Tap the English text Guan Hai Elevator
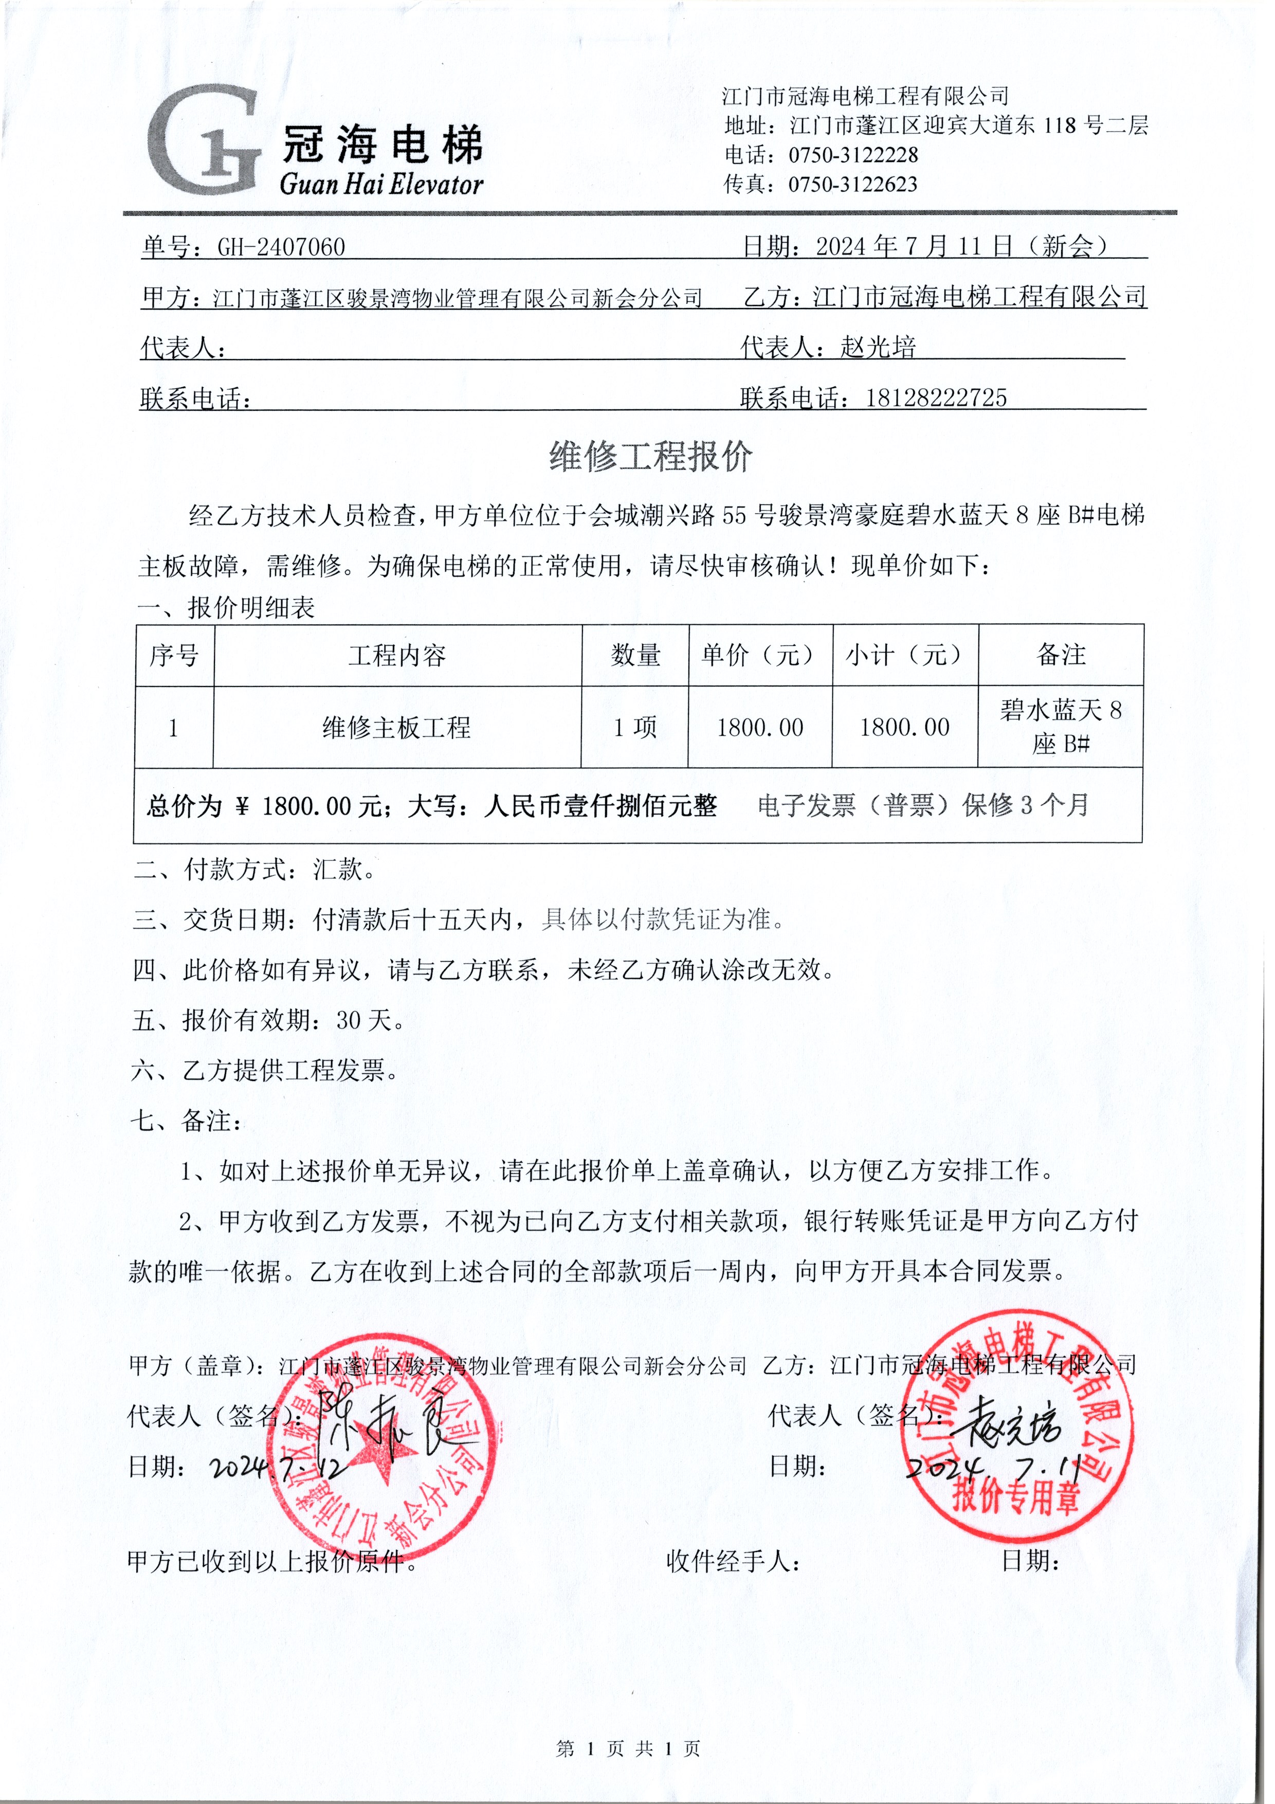pyautogui.click(x=381, y=185)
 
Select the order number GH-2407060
pyautogui.click(x=281, y=247)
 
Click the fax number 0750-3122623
pyautogui.click(x=852, y=185)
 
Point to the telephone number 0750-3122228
pyautogui.click(x=852, y=155)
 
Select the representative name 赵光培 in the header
pyautogui.click(x=878, y=347)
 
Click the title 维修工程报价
pyautogui.click(x=650, y=457)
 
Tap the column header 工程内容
pyautogui.click(x=397, y=655)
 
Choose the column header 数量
pyautogui.click(x=635, y=655)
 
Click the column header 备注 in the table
pyautogui.click(x=1061, y=655)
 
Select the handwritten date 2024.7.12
pyautogui.click(x=275, y=1466)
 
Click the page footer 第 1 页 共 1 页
pyautogui.click(x=628, y=1748)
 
